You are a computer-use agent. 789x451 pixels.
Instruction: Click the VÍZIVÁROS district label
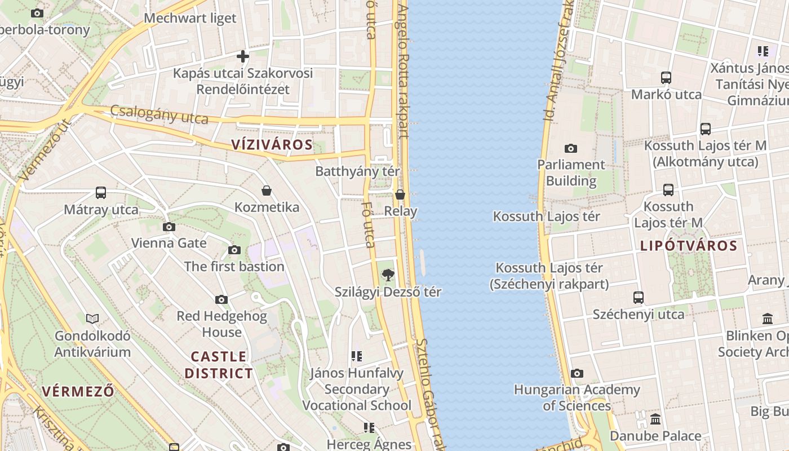(x=272, y=144)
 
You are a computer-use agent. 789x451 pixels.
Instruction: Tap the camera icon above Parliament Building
(x=571, y=148)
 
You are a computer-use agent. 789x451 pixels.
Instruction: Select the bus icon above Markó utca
(x=666, y=78)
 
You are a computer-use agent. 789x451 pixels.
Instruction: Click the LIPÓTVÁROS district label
(x=689, y=246)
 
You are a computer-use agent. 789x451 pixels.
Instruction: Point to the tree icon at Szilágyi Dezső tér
(x=388, y=275)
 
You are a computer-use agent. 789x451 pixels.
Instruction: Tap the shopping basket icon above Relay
(x=400, y=194)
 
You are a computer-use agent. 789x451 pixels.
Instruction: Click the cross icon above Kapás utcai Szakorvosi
(x=243, y=56)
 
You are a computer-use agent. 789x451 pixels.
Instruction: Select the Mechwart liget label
(x=190, y=18)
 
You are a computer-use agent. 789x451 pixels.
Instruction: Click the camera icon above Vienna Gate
(x=169, y=227)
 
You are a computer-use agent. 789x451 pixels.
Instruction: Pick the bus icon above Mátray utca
(x=101, y=193)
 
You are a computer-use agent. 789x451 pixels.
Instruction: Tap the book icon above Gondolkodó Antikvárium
(x=92, y=319)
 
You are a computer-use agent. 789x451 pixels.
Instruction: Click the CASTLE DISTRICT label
(x=219, y=365)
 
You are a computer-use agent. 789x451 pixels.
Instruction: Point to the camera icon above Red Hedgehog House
(x=221, y=299)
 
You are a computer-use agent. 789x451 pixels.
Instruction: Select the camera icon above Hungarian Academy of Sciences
(x=577, y=373)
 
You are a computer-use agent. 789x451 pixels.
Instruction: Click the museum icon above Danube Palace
(x=655, y=419)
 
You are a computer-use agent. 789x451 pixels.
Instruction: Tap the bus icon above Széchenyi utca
(x=639, y=297)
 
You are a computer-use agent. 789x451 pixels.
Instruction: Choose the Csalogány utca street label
(x=159, y=114)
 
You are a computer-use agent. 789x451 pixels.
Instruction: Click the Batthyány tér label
(x=357, y=171)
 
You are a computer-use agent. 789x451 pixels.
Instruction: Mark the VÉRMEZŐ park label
(x=78, y=391)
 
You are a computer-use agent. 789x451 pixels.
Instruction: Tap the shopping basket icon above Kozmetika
(x=267, y=191)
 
